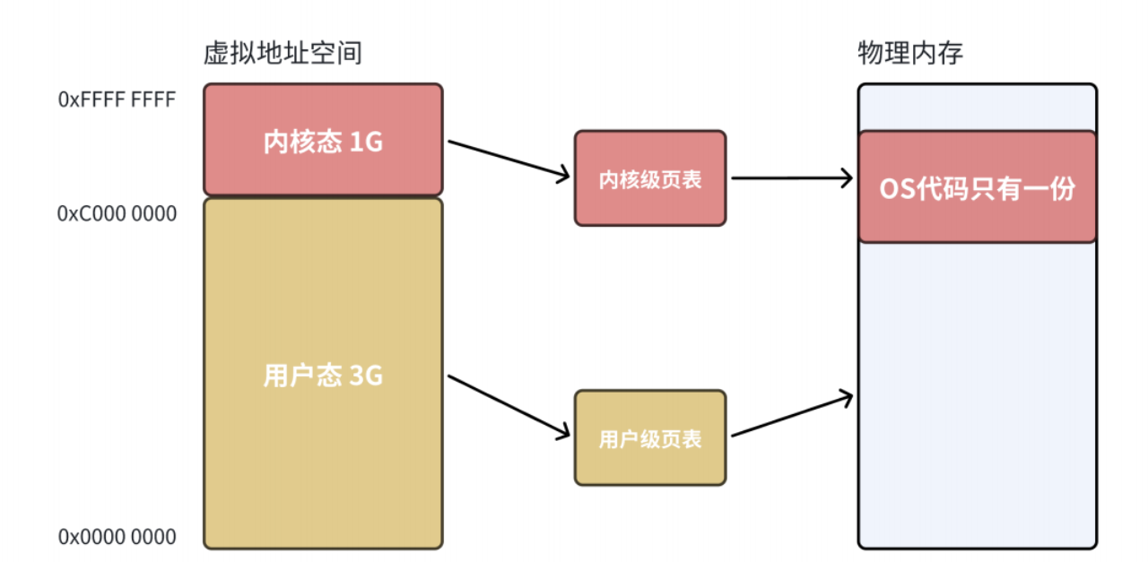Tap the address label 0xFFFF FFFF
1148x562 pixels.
tap(117, 99)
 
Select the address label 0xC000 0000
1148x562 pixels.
tap(117, 214)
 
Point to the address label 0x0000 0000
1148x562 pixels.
tap(117, 538)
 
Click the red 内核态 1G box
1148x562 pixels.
tap(323, 140)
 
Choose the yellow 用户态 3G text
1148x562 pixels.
tap(323, 376)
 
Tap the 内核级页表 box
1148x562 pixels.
tap(650, 178)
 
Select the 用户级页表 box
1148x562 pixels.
tap(650, 438)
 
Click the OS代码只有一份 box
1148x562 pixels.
tap(977, 187)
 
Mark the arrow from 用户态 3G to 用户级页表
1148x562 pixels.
tap(508, 407)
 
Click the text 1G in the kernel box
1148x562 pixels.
tap(366, 142)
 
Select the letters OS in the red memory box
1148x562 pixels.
tap(892, 189)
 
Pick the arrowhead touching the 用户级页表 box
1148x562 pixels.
tap(564, 434)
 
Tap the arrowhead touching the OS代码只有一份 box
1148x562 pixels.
tap(846, 178)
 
